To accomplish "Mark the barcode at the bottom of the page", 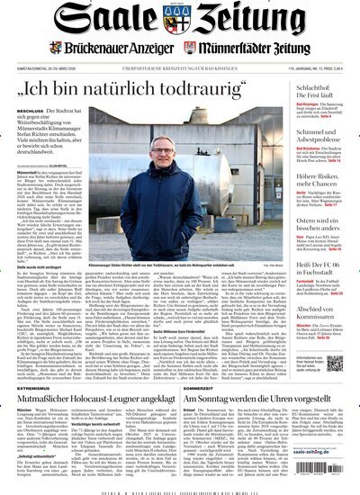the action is tap(180, 490).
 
